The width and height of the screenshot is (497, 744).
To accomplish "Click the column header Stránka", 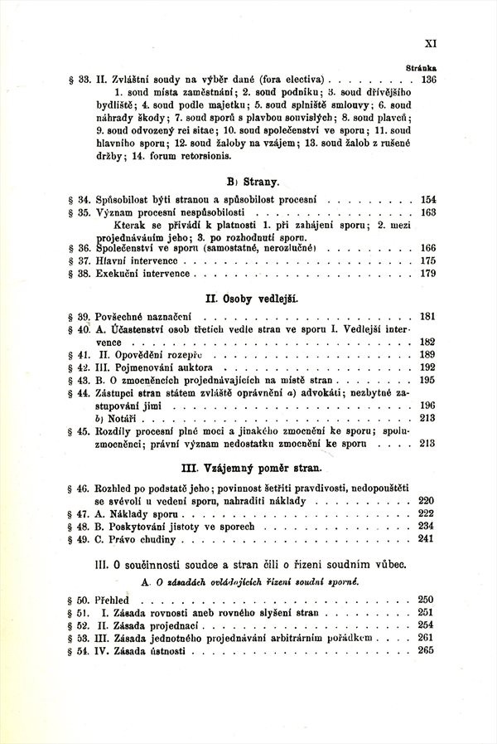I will [x=422, y=67].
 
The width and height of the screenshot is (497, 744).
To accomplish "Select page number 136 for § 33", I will [x=428, y=80].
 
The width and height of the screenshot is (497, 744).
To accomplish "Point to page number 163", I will [x=428, y=212].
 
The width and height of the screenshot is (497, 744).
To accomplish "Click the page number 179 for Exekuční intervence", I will [x=428, y=273].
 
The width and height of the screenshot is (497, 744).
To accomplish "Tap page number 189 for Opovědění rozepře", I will [x=428, y=353].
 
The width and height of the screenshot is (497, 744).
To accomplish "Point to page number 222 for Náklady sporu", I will [x=428, y=515].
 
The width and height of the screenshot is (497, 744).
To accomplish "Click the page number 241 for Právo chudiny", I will [x=428, y=540].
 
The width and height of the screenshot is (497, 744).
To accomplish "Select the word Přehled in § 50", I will [x=112, y=599].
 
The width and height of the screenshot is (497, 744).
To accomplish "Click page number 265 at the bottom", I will [x=428, y=649].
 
